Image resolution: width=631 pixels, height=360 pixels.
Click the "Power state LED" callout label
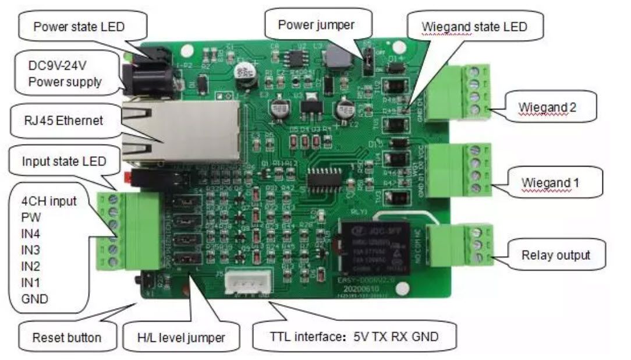coord(79,27)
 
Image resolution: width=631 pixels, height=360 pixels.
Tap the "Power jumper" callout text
coord(316,24)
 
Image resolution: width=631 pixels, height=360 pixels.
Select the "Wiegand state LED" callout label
coord(474,27)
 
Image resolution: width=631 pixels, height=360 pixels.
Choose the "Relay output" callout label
coord(555,255)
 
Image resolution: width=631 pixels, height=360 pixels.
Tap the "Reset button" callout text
coord(67,337)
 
